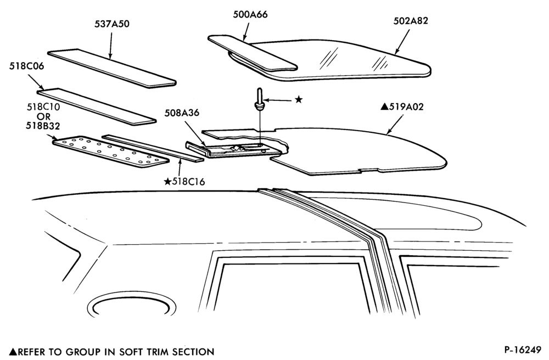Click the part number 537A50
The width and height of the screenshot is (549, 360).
point(111,24)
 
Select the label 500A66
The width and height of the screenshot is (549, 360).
point(250,15)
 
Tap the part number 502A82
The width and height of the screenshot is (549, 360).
point(410,21)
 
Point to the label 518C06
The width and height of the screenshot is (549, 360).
point(26,66)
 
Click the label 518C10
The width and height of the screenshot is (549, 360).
point(43,107)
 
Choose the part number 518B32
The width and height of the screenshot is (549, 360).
point(43,126)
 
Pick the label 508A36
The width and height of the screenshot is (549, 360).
point(182,113)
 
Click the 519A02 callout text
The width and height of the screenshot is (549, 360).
point(406,106)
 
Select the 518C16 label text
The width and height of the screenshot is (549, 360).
point(188,182)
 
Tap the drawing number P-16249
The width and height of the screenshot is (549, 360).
point(523,350)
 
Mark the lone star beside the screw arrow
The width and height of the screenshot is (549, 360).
point(298,100)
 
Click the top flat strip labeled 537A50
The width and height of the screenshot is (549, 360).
point(111,67)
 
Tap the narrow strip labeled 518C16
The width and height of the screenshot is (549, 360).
point(152,148)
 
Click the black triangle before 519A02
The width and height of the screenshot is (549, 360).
point(384,106)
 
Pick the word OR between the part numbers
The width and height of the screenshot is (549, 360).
point(43,116)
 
